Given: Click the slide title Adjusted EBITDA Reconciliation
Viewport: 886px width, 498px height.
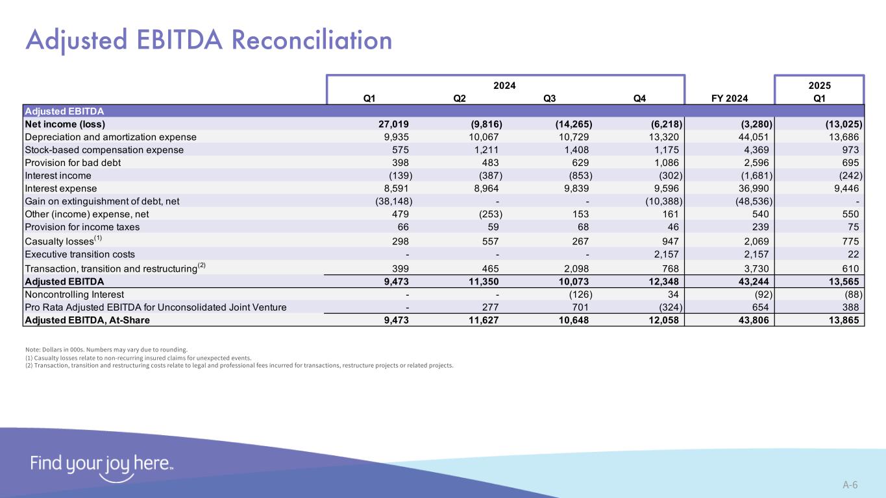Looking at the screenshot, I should point(208,40).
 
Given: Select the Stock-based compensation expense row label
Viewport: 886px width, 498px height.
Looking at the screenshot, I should point(104,150).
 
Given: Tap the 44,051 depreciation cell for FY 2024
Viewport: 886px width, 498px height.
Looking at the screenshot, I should point(752,137).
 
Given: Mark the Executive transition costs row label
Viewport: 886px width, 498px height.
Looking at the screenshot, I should point(80,254).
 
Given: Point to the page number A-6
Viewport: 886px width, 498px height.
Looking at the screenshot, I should point(850,484).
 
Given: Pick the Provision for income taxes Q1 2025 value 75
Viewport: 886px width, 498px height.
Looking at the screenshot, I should point(853,227).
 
